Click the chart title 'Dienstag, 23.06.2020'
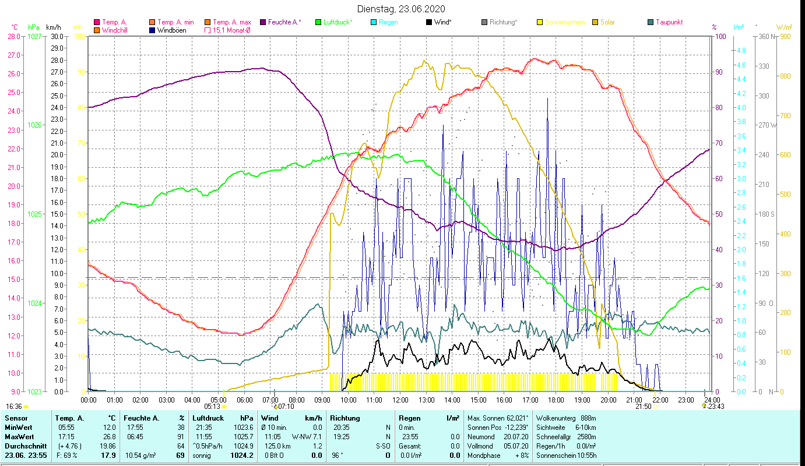[x=402, y=9]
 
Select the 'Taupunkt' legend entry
[x=669, y=22]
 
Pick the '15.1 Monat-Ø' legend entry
[x=231, y=30]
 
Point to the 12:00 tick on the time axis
[x=400, y=400]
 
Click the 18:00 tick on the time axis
[x=556, y=400]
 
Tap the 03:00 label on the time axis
[x=166, y=400]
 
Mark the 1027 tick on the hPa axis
[x=34, y=36]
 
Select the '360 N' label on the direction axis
[x=767, y=36]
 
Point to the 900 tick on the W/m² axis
[x=785, y=36]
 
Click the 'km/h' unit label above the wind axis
[x=53, y=27]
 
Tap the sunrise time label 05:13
[x=213, y=407]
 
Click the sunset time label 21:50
[x=643, y=407]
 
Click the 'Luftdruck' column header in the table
[x=208, y=418]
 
